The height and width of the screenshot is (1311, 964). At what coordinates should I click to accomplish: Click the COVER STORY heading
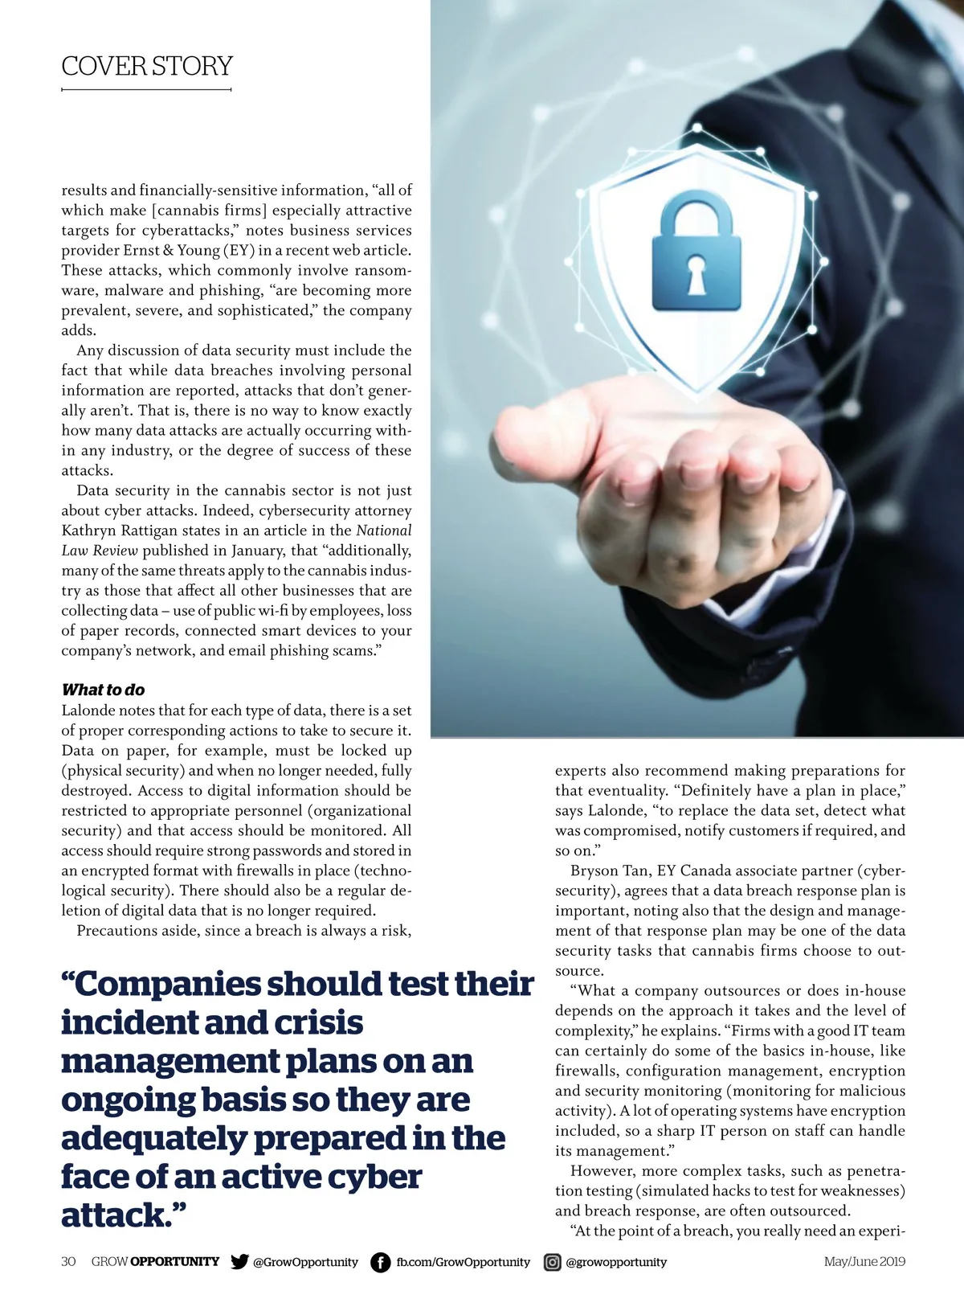[147, 66]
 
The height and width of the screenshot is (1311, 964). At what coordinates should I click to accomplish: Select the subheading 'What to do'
[103, 690]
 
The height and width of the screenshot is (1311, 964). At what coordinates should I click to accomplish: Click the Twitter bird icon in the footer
[239, 1261]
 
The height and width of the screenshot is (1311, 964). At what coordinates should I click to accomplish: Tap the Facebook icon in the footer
[380, 1262]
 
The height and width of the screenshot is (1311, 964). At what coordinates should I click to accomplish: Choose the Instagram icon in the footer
[553, 1262]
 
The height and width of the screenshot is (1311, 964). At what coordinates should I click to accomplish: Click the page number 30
[68, 1261]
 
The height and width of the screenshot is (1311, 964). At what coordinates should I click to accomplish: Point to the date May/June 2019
[864, 1261]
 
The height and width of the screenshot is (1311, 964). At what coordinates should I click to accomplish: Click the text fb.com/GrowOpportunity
[463, 1262]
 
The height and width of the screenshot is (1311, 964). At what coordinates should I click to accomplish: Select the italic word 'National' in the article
[383, 531]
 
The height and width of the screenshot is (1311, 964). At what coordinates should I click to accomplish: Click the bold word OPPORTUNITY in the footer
[174, 1261]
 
